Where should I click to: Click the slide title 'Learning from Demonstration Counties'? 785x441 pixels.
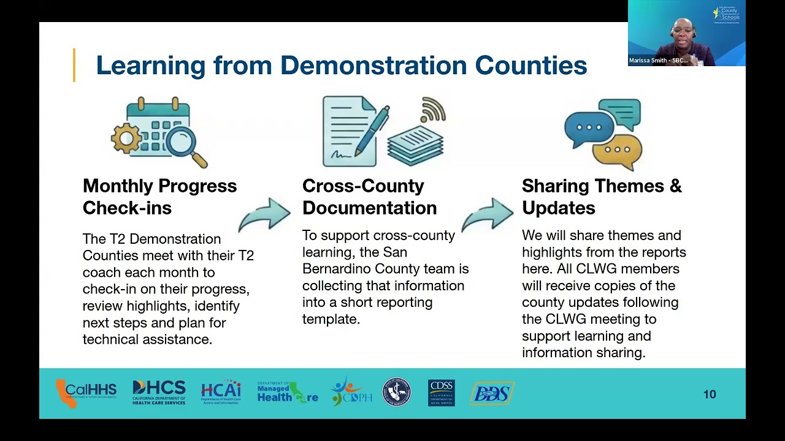(341, 66)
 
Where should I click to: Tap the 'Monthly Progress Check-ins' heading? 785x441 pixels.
(159, 197)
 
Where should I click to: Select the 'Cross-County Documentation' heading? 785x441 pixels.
(369, 197)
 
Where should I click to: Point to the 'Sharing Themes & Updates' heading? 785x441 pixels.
(601, 197)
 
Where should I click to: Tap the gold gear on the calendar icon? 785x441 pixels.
(126, 138)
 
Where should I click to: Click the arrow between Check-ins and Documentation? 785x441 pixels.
(265, 214)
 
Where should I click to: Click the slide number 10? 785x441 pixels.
(710, 394)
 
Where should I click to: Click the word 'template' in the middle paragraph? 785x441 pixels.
(331, 319)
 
